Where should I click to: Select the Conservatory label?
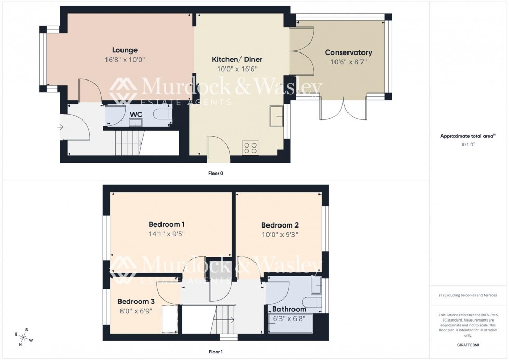click(x=349, y=52)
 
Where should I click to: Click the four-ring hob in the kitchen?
click(x=250, y=148)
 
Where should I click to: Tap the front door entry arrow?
click(x=61, y=126)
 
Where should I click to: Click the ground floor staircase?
click(x=128, y=142)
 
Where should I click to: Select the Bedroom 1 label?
click(x=167, y=224)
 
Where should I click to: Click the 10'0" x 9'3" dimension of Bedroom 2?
click(x=279, y=234)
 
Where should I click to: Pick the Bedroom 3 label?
click(x=136, y=301)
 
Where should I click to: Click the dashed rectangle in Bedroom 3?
click(x=169, y=319)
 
